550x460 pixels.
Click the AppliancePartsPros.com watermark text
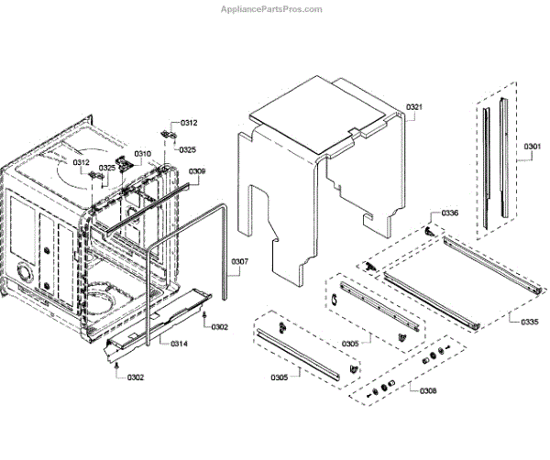click(272, 9)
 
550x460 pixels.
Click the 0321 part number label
click(415, 108)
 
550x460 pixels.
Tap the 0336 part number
click(449, 213)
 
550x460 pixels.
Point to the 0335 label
click(530, 322)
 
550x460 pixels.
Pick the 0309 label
click(197, 171)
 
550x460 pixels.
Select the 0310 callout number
click(143, 154)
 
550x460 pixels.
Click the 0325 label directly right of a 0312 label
click(108, 168)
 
